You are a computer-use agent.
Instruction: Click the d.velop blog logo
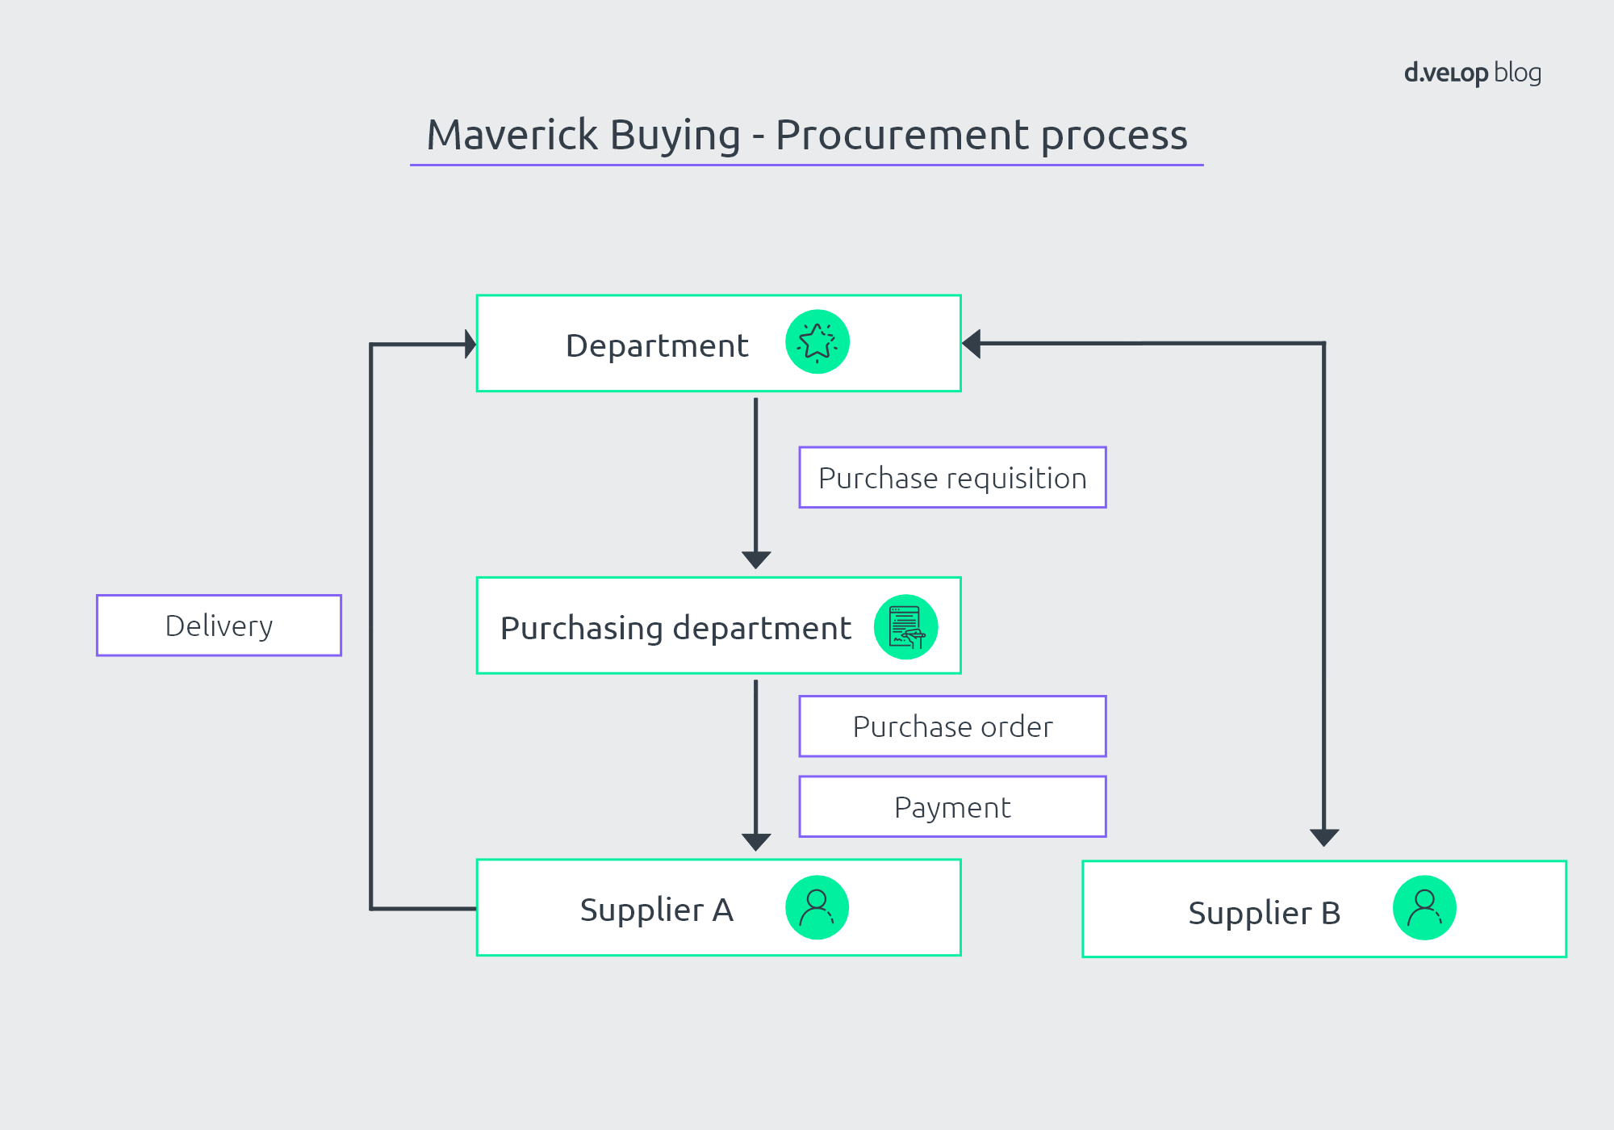1472,73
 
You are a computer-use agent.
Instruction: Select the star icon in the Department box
817,342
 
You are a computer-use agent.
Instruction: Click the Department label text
657,345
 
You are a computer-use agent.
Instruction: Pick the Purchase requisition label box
952,478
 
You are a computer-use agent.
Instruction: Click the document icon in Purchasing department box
905,627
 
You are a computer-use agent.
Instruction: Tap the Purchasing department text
675,628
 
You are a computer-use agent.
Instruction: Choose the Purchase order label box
952,726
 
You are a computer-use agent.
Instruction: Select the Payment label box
952,807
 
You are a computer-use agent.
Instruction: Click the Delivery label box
219,626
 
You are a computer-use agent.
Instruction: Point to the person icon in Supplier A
817,908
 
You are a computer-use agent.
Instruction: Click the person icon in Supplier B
1424,908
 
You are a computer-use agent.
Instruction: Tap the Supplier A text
656,910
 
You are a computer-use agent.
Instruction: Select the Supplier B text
1264,913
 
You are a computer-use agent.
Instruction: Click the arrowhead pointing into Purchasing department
756,559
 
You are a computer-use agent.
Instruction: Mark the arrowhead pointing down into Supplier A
756,841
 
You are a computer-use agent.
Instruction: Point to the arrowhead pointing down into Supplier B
1324,836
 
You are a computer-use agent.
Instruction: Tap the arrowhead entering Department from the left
470,345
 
